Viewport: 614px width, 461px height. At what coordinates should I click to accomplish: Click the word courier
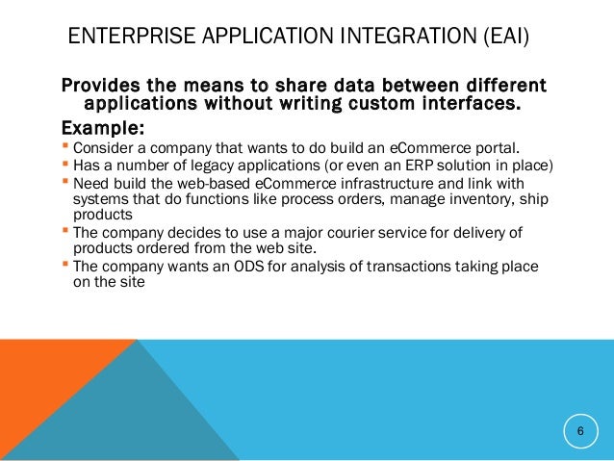tap(358, 237)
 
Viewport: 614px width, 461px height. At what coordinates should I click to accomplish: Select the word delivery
tap(495, 237)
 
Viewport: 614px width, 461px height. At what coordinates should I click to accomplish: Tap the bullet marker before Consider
tap(66, 147)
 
